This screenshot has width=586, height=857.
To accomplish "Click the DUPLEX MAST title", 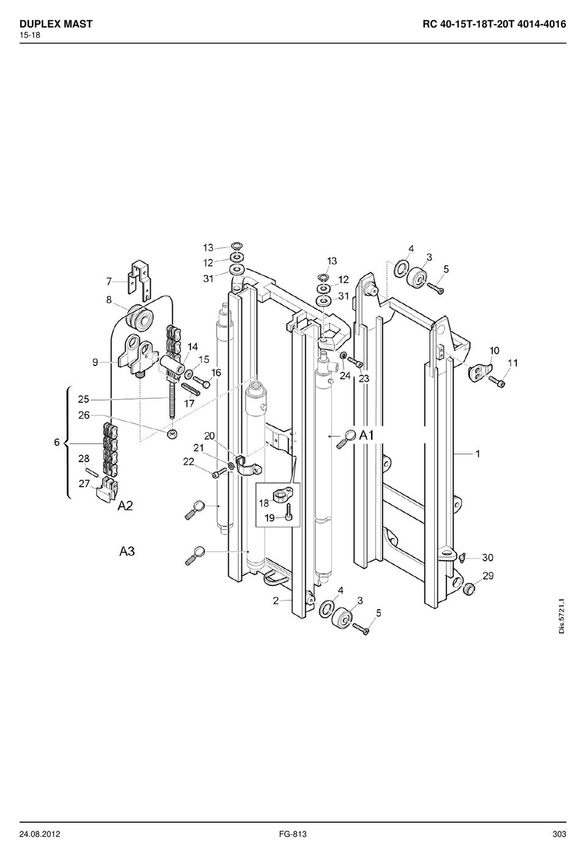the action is pos(56,24).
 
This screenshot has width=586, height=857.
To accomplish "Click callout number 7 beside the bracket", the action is pos(109,282).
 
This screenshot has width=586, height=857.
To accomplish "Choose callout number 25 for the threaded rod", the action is pos(83,399).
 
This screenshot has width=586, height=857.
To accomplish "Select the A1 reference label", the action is pos(366,435).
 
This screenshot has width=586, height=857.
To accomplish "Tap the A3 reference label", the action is pos(127,552).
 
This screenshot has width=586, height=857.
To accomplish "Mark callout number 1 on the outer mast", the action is pos(477,454).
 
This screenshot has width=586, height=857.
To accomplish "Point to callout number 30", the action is pos(487,558).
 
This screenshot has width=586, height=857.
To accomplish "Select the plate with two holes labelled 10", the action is pos(481,372).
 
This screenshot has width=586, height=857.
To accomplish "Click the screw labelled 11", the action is pos(496,381).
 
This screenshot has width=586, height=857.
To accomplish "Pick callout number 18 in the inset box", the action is pos(264,503).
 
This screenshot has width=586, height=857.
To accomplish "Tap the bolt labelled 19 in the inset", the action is pos(288,512).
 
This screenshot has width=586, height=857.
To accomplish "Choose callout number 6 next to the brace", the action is pos(57,443).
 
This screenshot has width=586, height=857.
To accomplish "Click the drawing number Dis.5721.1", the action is pos(562,621).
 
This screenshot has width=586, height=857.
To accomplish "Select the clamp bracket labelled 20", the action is pos(247,466).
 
